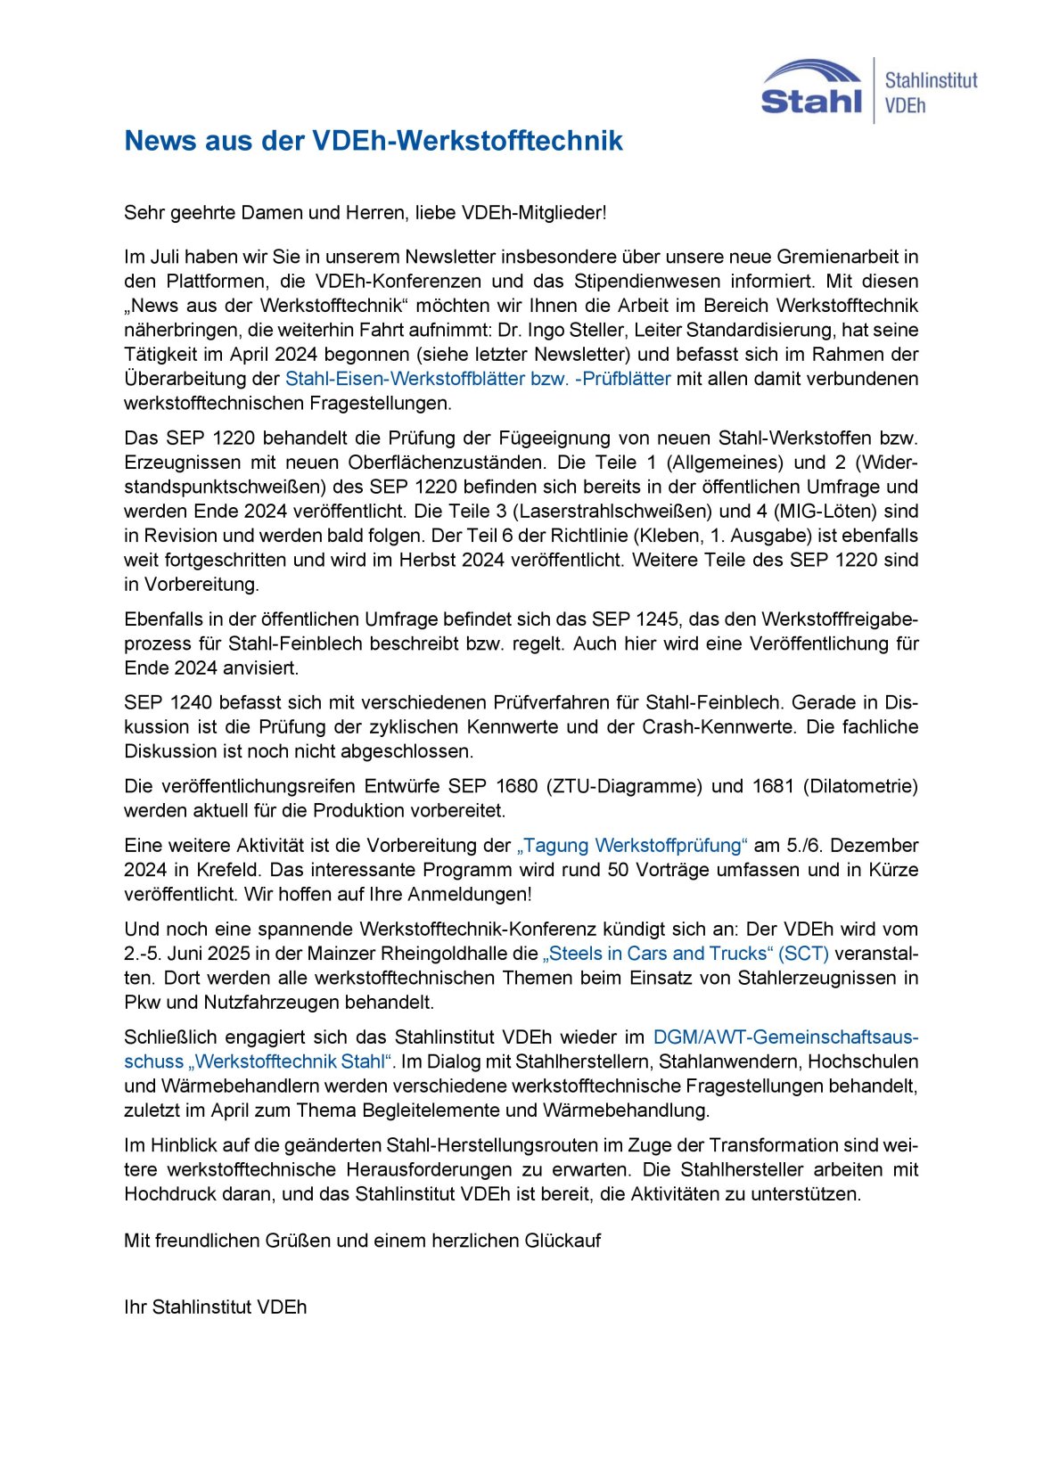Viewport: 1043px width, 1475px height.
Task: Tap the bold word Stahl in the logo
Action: coord(811,100)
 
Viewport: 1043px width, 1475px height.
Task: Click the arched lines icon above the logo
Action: coord(812,72)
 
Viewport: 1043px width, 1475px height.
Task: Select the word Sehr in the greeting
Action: coord(143,213)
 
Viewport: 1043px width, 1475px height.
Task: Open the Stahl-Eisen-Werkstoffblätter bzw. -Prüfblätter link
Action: coord(477,379)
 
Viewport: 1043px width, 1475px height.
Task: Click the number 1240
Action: coord(192,702)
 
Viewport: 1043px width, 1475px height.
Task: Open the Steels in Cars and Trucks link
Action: coord(685,954)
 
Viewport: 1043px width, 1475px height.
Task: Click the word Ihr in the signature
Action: coord(136,1307)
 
